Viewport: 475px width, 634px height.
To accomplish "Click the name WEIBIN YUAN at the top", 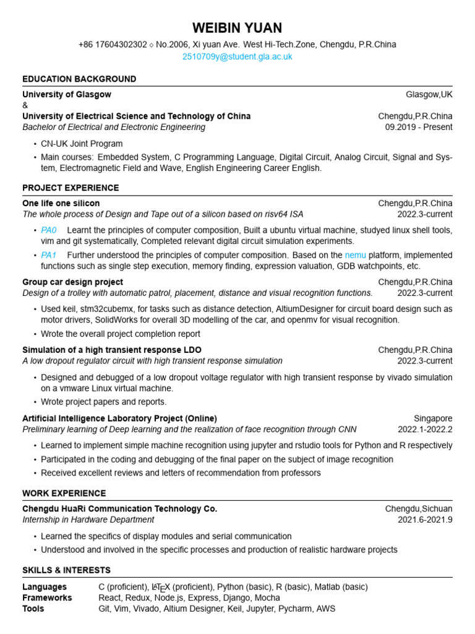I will click(x=237, y=28).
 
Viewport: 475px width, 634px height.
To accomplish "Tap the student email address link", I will click(x=237, y=56).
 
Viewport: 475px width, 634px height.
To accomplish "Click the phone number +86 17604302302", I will click(x=113, y=45).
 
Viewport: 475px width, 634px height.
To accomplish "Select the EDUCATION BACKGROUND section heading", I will click(x=79, y=79).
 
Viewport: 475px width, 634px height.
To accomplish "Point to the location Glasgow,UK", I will click(x=429, y=95).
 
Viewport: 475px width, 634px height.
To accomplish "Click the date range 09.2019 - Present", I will click(x=419, y=127).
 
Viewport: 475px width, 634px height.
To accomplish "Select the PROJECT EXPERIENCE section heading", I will click(x=71, y=188).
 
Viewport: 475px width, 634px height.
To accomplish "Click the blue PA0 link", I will click(x=49, y=230).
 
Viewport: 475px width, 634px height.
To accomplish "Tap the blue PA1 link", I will click(x=49, y=255).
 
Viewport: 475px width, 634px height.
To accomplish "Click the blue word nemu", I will click(x=355, y=255).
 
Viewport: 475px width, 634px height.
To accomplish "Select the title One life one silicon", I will click(x=61, y=203).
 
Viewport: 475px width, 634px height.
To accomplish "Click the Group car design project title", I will click(x=72, y=282).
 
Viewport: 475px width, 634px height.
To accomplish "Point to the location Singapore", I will click(x=433, y=419).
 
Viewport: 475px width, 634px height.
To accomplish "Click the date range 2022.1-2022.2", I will click(x=425, y=430).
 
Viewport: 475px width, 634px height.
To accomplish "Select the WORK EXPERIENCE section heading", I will click(x=64, y=493).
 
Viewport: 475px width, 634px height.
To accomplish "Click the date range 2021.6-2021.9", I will click(x=425, y=519).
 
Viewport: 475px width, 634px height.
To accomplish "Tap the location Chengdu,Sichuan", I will click(x=419, y=508).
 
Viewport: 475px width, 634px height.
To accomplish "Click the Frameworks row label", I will click(x=47, y=598).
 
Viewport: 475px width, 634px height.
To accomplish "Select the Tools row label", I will click(x=33, y=609).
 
